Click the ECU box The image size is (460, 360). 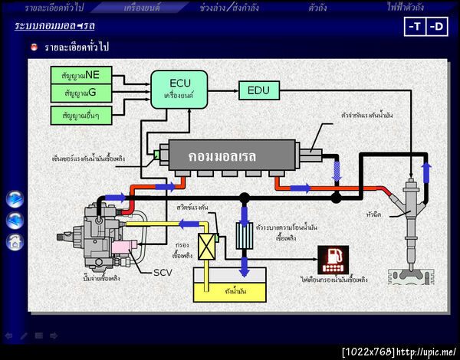coord(179,89)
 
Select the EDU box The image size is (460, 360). coord(258,90)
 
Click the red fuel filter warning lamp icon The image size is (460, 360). coord(333,260)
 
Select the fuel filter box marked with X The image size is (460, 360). coord(205,246)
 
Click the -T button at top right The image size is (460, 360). coord(415,27)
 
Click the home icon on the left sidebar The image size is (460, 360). coord(15,242)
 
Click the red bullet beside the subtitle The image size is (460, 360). coord(34,47)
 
